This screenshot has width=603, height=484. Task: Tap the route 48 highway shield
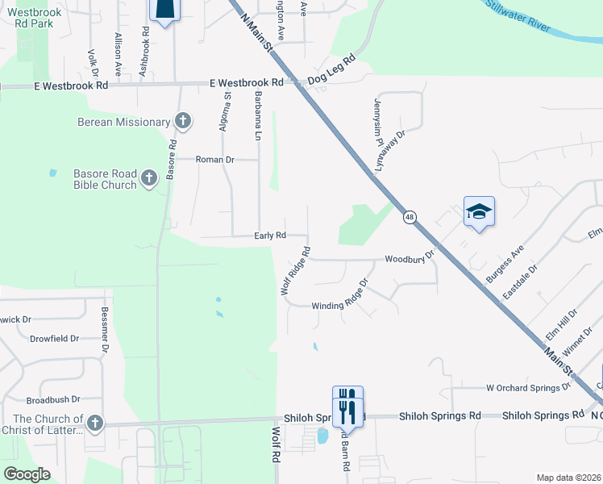tap(410, 217)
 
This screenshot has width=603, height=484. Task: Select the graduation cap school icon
tap(479, 212)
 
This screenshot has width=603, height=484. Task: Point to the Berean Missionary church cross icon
tap(183, 122)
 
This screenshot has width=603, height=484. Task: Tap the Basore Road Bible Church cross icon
tap(149, 179)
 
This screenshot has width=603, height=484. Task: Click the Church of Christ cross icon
tap(95, 423)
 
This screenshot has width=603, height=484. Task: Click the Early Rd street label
tap(270, 236)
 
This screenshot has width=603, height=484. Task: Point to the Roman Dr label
tap(214, 160)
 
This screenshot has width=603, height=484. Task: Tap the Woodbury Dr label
tap(410, 257)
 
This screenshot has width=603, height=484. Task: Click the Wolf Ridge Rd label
tap(295, 270)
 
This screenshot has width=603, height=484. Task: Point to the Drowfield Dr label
tap(55, 339)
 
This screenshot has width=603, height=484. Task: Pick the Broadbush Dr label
tap(53, 399)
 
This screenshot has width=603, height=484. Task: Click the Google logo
tap(27, 474)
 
